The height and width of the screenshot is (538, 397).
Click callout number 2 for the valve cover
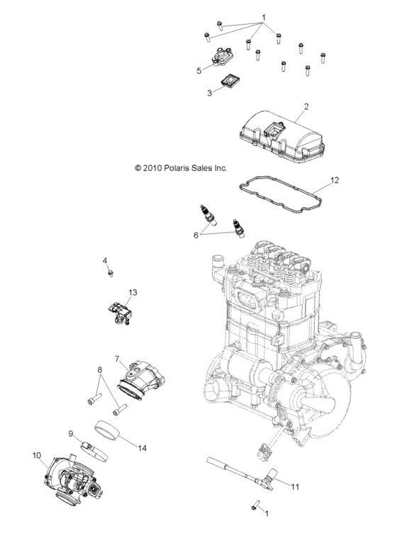tap(306, 107)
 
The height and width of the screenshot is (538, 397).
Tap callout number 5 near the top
tap(199, 70)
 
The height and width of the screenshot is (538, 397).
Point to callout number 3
tap(210, 93)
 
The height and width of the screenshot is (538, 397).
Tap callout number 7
tap(117, 359)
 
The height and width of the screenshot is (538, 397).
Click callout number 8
tap(100, 369)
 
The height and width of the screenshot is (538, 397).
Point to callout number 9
tap(71, 434)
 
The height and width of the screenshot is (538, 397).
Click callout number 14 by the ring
tap(142, 448)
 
